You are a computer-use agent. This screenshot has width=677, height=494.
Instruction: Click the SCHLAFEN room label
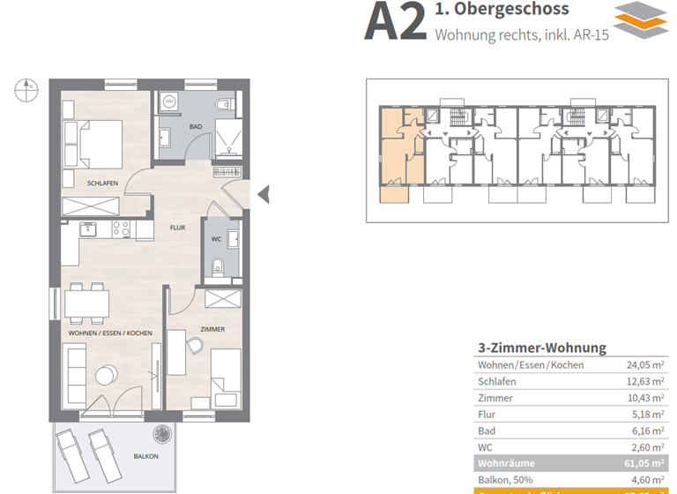102,183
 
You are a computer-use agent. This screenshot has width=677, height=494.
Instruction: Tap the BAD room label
196,127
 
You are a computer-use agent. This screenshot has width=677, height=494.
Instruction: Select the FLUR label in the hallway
177,227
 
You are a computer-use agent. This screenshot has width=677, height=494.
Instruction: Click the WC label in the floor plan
216,239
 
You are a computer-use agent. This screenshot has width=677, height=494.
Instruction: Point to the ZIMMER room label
212,329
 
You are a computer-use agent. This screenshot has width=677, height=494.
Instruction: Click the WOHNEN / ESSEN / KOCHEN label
110,333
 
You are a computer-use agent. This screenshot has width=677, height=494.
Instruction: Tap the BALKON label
146,456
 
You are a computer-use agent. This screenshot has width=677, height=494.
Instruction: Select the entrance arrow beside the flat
262,193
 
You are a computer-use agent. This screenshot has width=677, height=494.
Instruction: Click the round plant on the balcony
162,433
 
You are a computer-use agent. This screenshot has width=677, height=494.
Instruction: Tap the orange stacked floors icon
641,20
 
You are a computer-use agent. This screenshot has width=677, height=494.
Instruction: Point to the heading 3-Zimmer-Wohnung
541,348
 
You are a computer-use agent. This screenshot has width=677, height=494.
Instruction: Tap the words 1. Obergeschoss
502,11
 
